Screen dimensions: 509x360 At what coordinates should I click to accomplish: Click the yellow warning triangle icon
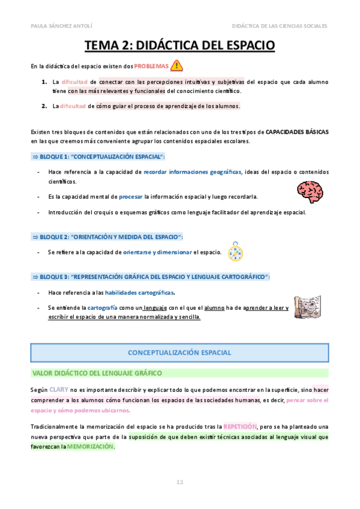pos(177,65)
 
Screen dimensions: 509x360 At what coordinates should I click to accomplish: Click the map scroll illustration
pos(309,308)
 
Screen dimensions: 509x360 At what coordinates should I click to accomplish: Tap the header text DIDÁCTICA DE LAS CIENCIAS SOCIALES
pos(280,26)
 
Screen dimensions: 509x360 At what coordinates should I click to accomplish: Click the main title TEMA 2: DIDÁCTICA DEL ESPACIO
pos(179,46)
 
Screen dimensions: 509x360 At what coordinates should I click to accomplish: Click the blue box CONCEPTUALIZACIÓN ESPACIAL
pos(179,352)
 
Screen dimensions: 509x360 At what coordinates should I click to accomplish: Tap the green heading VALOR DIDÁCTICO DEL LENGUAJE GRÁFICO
pos(97,373)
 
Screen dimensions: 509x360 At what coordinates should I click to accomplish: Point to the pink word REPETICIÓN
pos(240,426)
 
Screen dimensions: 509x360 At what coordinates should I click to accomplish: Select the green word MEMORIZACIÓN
pos(90,447)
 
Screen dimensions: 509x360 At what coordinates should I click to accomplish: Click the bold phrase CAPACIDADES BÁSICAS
pos(297,131)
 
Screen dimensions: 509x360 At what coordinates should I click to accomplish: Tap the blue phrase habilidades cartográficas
pos(140,292)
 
